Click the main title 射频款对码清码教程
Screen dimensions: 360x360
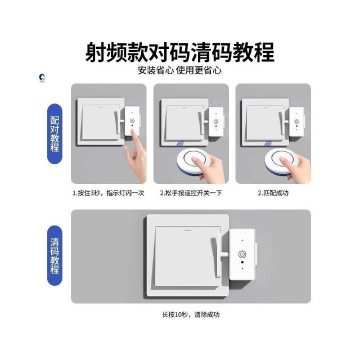pos(180,52)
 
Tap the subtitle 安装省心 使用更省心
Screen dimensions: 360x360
pos(180,70)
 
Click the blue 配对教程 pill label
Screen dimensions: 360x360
pos(55,134)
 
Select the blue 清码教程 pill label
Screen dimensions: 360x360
pos(55,255)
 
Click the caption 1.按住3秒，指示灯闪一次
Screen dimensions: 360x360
pos(109,193)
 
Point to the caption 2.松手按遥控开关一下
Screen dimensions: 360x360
pos(191,193)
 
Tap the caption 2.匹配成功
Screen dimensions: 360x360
pos(273,193)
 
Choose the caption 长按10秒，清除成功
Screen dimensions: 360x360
pos(191,314)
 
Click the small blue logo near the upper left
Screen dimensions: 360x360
pos(42,78)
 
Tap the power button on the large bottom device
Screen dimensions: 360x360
pos(242,254)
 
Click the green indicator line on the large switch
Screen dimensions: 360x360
pos(188,229)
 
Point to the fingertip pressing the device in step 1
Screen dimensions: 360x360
pos(133,132)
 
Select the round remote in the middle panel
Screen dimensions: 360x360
pos(195,161)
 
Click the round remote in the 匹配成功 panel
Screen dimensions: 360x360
pos(282,161)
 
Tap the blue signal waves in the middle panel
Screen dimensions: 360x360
pos(180,145)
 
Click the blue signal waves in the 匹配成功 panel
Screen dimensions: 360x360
pos(268,145)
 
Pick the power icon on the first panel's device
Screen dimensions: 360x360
pos(132,121)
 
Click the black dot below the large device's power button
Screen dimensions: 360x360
pos(242,262)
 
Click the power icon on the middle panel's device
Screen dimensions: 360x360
pos(216,121)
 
